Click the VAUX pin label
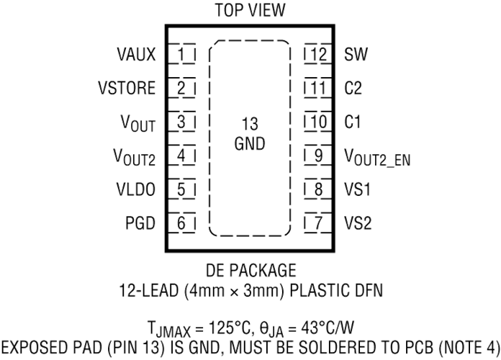coord(136,54)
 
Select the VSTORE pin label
coord(127,88)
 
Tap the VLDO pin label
coord(136,189)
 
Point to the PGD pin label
coord(140,223)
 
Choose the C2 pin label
coord(353,88)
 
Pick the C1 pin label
coord(353,122)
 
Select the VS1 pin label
coord(358,189)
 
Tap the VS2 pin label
coord(358,223)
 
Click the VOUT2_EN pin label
coord(377,157)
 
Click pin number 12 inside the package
coord(318,54)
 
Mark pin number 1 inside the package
coord(181,54)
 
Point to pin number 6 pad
coord(181,223)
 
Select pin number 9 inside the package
coord(319,156)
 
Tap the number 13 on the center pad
coord(250,124)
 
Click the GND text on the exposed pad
coord(250,143)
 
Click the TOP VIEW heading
coord(250,10)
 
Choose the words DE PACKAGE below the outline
coord(250,271)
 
